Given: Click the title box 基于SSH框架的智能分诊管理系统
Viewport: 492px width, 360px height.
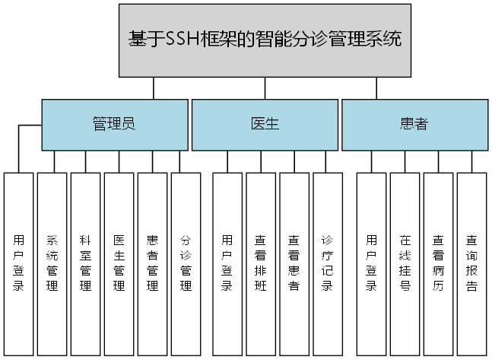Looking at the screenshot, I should pos(265,40).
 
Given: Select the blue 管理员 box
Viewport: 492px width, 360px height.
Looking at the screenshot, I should pos(114,124).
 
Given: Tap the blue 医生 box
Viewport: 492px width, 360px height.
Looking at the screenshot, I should pos(264,124).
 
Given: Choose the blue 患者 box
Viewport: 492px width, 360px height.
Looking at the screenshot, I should pos(414,124).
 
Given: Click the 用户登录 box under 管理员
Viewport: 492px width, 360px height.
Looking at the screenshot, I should pos(19,263).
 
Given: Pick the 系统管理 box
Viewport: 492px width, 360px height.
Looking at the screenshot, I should pos(52,263).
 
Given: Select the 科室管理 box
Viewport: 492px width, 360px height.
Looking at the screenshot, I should pos(86,263).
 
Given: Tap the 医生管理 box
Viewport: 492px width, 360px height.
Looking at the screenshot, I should pos(119,263).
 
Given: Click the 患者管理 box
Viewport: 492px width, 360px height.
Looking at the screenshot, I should pos(153,263).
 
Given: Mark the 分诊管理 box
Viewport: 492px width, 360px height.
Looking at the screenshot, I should pos(186,263).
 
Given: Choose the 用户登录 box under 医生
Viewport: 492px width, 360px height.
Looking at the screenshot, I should pos(227,263).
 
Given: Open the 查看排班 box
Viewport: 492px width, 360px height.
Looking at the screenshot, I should pos(261,263).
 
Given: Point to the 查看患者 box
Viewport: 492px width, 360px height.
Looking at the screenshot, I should pos(294,263).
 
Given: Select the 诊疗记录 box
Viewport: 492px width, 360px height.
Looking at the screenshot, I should pos(328,263).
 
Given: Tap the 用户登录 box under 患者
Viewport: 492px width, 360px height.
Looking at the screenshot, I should pos(372,263).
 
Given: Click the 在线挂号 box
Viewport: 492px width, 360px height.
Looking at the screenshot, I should pos(405,263).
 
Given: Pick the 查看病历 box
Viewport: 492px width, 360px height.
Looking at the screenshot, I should pos(439,263).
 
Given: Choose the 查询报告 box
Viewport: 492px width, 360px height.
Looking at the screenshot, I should pos(472,263).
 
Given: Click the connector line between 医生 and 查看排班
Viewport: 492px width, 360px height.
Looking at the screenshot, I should pos(261,161).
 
